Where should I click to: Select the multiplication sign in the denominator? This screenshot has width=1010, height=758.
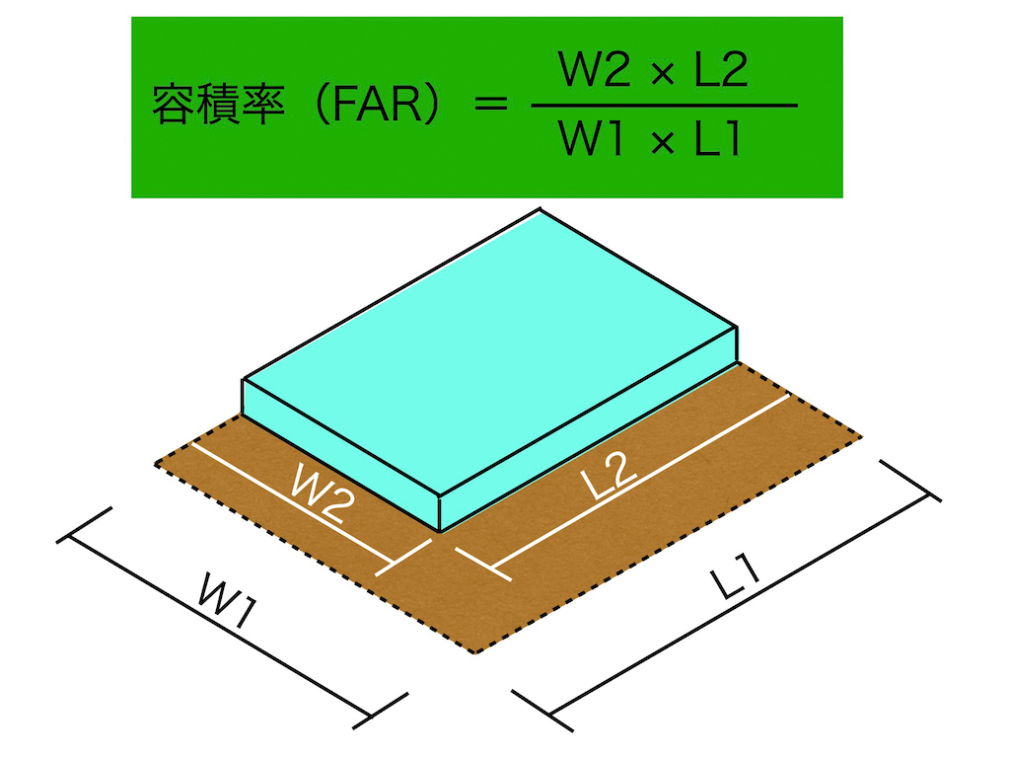[x=660, y=143]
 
